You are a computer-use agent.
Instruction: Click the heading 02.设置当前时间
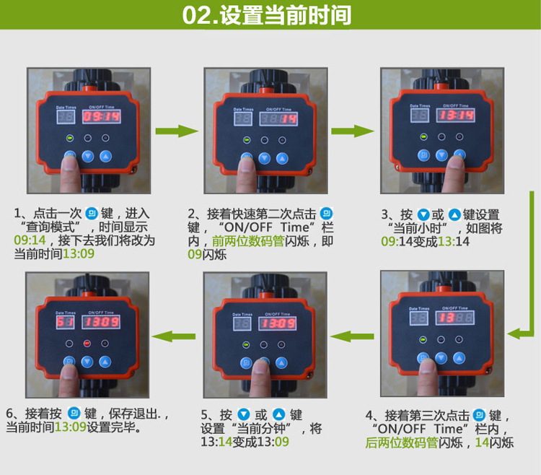[267, 15]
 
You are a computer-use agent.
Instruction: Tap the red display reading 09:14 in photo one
[101, 116]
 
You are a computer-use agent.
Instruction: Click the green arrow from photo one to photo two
[177, 131]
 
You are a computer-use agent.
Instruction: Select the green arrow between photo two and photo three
[352, 131]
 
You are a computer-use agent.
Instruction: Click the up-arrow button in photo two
[282, 159]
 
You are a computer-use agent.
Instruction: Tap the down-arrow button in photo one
[87, 157]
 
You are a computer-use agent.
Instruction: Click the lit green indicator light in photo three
[423, 137]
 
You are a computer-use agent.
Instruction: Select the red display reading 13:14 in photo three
[455, 116]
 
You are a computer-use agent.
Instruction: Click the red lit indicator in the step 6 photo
[87, 344]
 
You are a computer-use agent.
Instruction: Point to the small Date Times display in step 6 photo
[65, 322]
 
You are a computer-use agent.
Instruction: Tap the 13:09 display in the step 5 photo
[278, 323]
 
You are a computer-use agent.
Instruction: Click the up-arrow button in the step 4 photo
[459, 358]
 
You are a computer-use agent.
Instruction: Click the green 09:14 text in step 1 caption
[30, 240]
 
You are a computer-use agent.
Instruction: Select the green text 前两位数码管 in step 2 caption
[248, 241]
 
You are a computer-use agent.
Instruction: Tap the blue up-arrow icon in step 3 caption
[454, 214]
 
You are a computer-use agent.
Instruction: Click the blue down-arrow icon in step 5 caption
[244, 414]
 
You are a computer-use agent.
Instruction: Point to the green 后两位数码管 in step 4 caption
[402, 443]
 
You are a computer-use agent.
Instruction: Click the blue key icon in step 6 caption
[74, 413]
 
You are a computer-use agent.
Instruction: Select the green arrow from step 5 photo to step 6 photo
[174, 336]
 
